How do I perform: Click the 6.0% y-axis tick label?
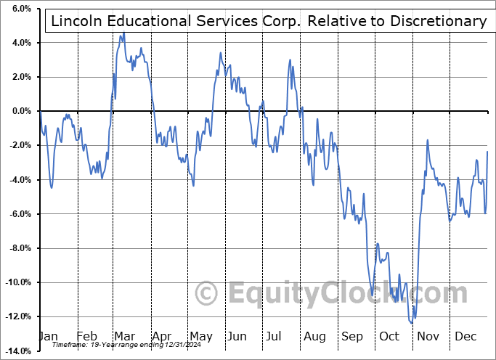tap(20, 9)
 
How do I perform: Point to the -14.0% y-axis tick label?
tap(17, 351)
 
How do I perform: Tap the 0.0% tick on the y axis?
tap(20, 111)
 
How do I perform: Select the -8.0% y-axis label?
tap(19, 248)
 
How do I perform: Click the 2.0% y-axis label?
tap(20, 77)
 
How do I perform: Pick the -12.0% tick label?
tap(17, 316)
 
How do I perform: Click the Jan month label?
tap(48, 337)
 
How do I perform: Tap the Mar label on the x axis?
tap(123, 337)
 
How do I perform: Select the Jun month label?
tap(237, 337)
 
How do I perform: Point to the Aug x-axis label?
tap(315, 337)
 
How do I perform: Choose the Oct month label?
tap(389, 337)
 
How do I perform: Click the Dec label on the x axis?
tap(464, 337)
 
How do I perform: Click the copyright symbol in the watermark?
tap(208, 294)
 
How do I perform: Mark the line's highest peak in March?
tap(123, 33)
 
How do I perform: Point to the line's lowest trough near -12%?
tap(412, 322)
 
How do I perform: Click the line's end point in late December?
tap(487, 151)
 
